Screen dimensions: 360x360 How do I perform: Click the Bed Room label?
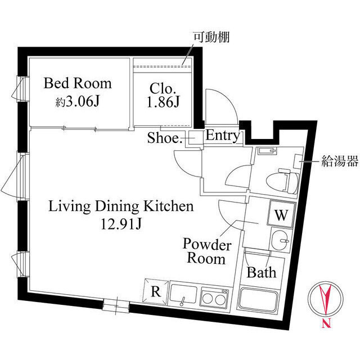point(78,84)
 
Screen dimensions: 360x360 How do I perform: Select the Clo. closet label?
point(164,88)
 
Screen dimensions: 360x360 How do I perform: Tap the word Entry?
point(223,136)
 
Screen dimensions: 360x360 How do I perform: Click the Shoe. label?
point(165,138)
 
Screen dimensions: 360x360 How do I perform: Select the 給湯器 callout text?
point(340,163)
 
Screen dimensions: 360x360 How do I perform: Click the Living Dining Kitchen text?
point(121,206)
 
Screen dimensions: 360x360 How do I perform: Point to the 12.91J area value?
point(121,224)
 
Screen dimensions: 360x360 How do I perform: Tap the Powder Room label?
point(207,252)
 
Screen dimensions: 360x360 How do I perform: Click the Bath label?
point(262,273)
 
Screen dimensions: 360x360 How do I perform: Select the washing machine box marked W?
point(281,214)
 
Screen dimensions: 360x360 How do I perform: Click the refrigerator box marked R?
point(155,292)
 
